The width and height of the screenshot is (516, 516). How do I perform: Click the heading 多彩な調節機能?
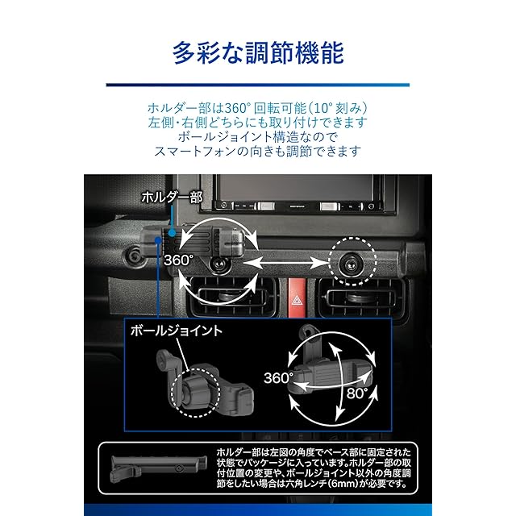(x=258, y=52)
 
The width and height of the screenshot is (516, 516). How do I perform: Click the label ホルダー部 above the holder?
(x=172, y=197)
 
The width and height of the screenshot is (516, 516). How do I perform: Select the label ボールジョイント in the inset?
(x=177, y=331)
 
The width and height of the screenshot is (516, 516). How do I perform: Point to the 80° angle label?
(x=357, y=393)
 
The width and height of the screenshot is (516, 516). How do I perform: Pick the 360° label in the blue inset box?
(x=278, y=378)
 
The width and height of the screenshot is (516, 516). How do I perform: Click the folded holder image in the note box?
(x=159, y=468)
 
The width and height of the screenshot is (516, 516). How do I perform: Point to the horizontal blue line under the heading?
(x=258, y=85)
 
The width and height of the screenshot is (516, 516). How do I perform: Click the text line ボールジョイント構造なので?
(x=258, y=137)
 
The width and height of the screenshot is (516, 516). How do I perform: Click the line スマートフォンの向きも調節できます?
(x=258, y=152)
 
